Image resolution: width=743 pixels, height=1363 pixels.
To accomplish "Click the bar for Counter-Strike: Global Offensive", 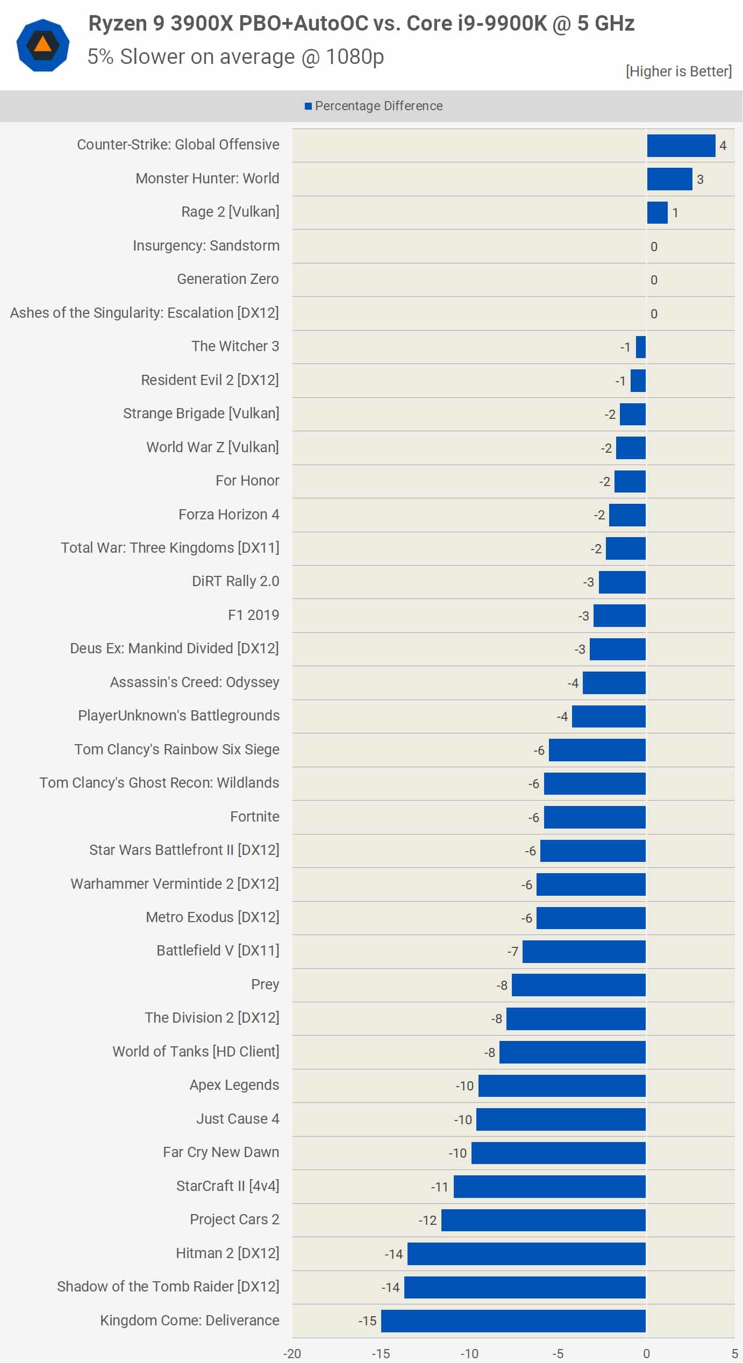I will pyautogui.click(x=681, y=146).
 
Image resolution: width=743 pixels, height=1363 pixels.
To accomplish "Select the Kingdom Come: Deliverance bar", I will pyautogui.click(x=513, y=1321).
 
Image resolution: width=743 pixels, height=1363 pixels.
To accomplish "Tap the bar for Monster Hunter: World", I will pyautogui.click(x=669, y=179).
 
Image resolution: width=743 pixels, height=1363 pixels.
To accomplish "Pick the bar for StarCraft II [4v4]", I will pyautogui.click(x=549, y=1187).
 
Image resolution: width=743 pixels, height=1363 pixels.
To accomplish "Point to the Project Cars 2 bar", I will pyautogui.click(x=543, y=1220).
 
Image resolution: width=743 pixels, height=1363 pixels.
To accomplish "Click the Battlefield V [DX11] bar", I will pyautogui.click(x=584, y=952).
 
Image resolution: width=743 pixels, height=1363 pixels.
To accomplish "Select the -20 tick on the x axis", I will pyautogui.click(x=292, y=1353).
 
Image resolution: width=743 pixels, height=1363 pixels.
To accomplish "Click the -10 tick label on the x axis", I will pyautogui.click(x=469, y=1353).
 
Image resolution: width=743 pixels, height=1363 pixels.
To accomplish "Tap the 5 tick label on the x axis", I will pyautogui.click(x=734, y=1353).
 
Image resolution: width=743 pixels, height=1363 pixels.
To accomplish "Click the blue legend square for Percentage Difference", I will pyautogui.click(x=308, y=106).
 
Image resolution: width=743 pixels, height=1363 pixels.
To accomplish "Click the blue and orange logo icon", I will pyautogui.click(x=43, y=45).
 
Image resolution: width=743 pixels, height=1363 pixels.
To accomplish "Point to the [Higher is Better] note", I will pyautogui.click(x=678, y=72).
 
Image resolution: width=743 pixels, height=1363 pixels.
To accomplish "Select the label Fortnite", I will pyautogui.click(x=254, y=817).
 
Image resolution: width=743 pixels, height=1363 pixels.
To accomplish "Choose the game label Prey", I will pyautogui.click(x=265, y=984).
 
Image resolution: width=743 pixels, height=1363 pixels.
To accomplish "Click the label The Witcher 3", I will pyautogui.click(x=235, y=346).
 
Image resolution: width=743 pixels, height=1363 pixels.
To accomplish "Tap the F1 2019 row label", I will pyautogui.click(x=253, y=615).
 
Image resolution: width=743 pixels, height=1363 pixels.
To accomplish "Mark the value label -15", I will pyautogui.click(x=367, y=1321).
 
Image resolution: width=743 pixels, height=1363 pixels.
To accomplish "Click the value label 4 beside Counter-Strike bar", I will pyautogui.click(x=723, y=146).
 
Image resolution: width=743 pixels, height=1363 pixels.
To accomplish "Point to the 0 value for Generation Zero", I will pyautogui.click(x=654, y=280).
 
